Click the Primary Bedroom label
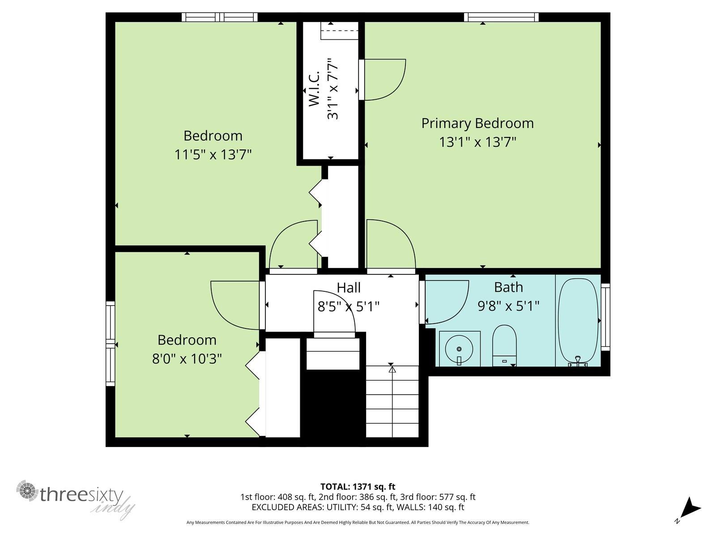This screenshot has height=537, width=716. (477, 123)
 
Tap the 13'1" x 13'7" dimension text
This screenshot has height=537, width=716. (477, 142)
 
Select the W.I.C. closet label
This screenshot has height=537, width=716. (314, 89)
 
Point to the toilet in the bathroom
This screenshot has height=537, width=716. (504, 346)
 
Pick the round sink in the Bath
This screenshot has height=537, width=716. (459, 349)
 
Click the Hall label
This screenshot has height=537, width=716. (349, 287)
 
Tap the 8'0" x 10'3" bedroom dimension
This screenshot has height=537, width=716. (187, 359)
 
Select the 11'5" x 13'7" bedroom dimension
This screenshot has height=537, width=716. (213, 155)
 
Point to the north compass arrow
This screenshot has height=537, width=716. (691, 508)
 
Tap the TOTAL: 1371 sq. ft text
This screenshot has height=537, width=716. (358, 486)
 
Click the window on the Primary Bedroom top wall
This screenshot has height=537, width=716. (501, 17)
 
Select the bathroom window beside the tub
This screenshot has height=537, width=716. (605, 316)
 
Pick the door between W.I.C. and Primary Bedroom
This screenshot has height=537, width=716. (383, 80)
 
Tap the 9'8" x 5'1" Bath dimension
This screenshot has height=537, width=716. (508, 306)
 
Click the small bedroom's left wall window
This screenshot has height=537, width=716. (110, 343)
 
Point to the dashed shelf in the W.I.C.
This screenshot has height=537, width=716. (340, 31)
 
